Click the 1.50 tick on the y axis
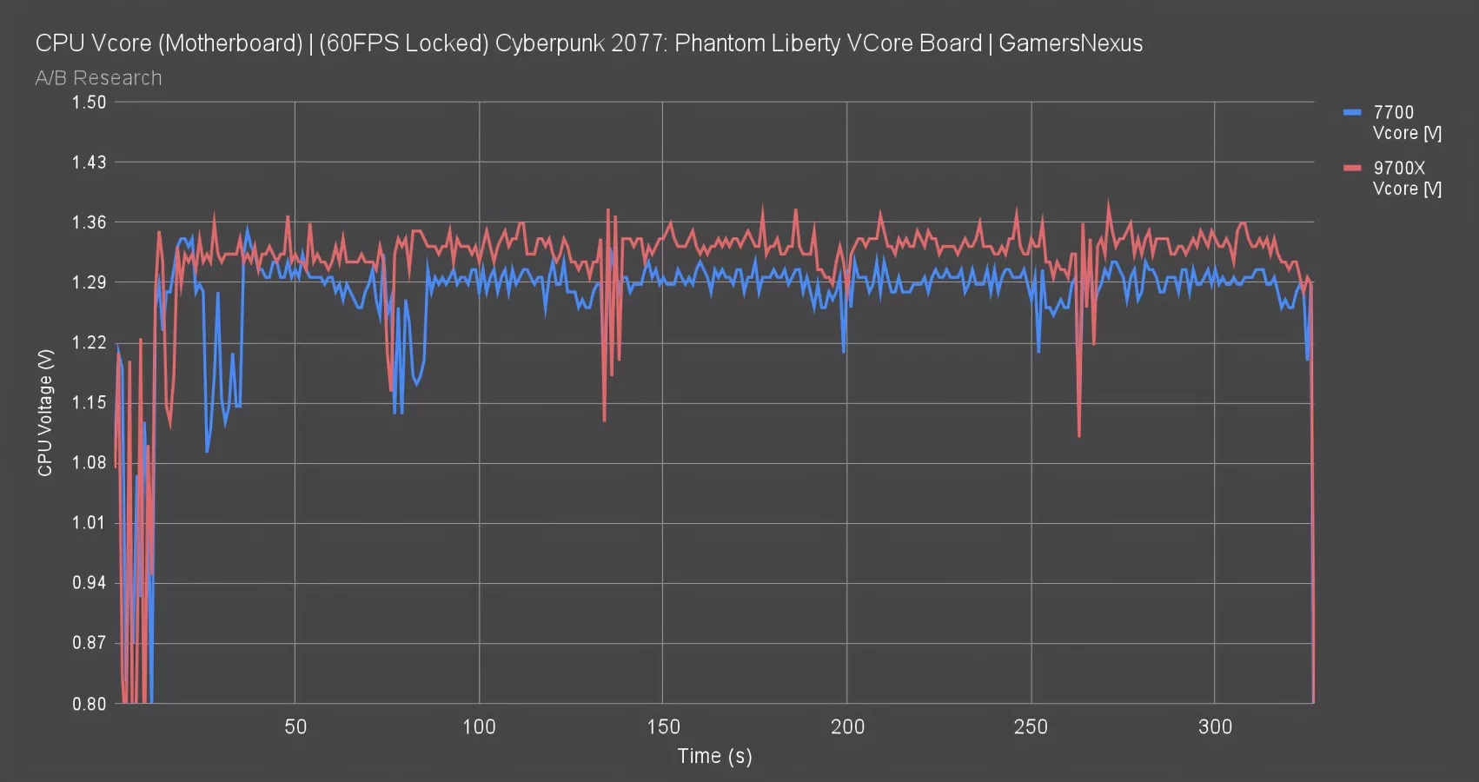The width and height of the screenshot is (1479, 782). pyautogui.click(x=90, y=102)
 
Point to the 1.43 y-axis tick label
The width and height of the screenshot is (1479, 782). pyautogui.click(x=90, y=162)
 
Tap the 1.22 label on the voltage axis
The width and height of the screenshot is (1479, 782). pyautogui.click(x=90, y=342)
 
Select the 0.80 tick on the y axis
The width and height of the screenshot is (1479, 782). pyautogui.click(x=90, y=704)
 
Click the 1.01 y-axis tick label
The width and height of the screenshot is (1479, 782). pyautogui.click(x=90, y=523)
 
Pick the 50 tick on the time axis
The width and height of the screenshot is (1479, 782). pyautogui.click(x=295, y=726)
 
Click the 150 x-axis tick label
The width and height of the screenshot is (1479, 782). pyautogui.click(x=663, y=726)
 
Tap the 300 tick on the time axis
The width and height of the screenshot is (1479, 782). pyautogui.click(x=1215, y=726)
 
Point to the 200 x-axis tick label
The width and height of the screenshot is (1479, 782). pyautogui.click(x=847, y=726)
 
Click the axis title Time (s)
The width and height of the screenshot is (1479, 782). pyautogui.click(x=714, y=756)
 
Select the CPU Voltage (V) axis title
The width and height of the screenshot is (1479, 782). pyautogui.click(x=45, y=413)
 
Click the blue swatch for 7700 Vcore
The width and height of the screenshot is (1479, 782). pyautogui.click(x=1352, y=112)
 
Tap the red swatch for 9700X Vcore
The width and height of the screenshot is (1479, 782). pyautogui.click(x=1352, y=168)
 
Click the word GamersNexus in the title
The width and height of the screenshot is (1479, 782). pyautogui.click(x=1071, y=43)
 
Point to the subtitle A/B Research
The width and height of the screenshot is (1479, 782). pyautogui.click(x=98, y=78)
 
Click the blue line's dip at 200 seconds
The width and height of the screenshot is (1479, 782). pyautogui.click(x=844, y=351)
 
